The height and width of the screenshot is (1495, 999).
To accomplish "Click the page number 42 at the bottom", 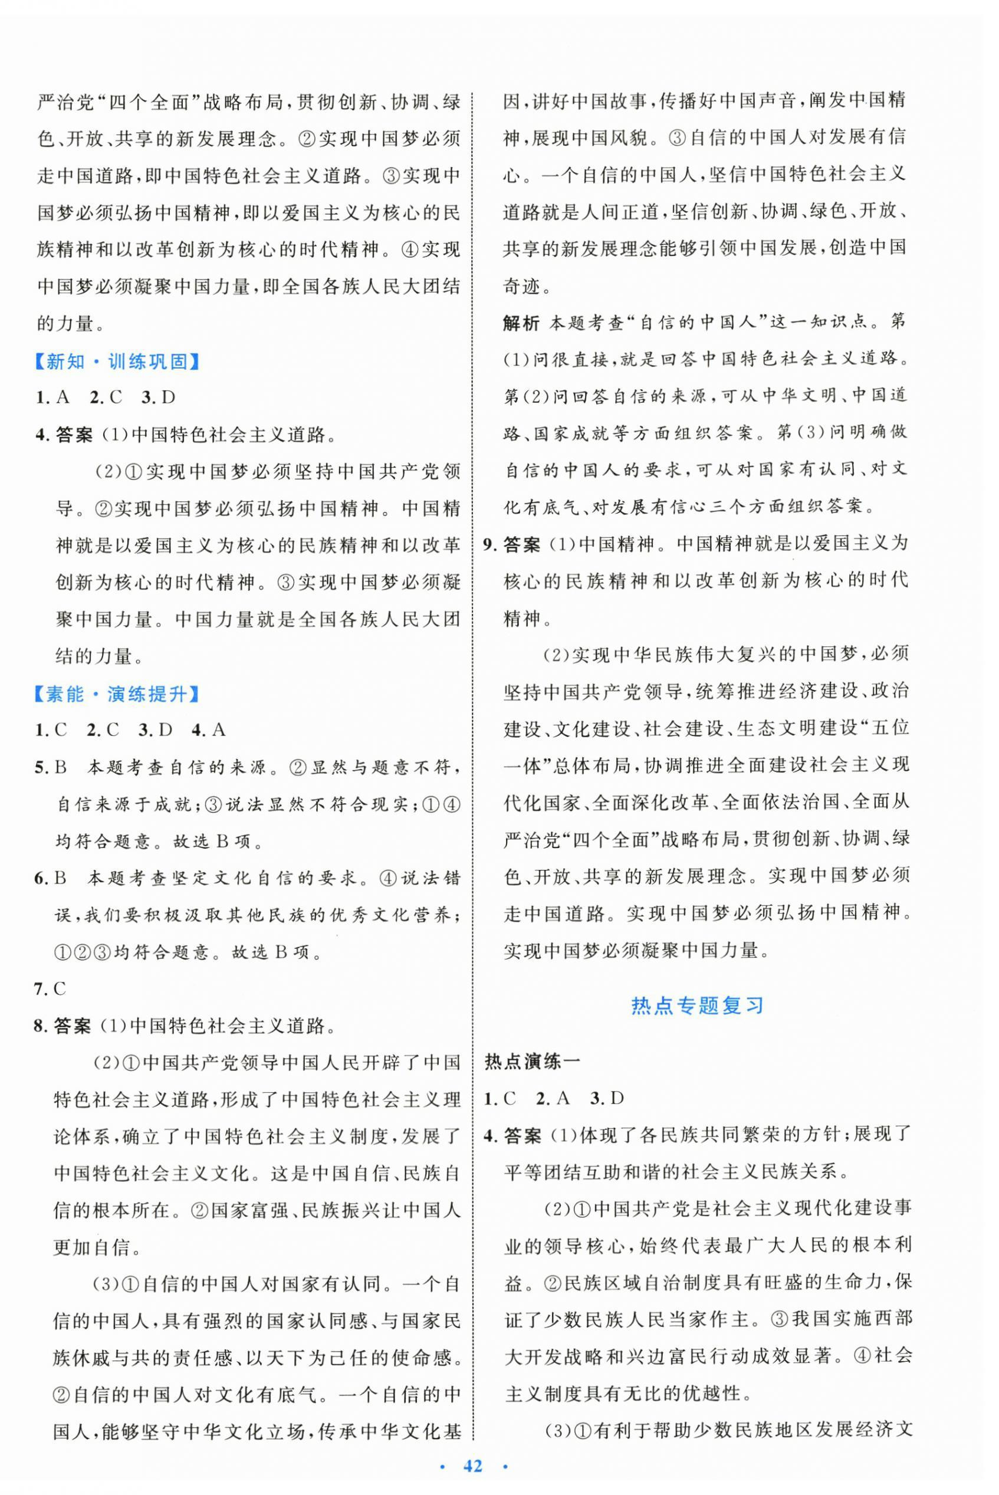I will tap(473, 1465).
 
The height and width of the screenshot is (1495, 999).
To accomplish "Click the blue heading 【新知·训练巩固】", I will tap(117, 362).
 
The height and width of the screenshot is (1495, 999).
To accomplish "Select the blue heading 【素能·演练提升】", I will tap(117, 694).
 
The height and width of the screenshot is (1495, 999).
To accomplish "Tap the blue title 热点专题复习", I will tap(697, 1006).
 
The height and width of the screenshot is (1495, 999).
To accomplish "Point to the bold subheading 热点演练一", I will tap(532, 1061).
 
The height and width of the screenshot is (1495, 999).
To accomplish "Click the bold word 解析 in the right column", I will tap(521, 323).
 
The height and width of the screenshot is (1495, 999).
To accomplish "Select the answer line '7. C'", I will tap(50, 988).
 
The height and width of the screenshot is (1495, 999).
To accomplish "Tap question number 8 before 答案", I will tap(40, 1026).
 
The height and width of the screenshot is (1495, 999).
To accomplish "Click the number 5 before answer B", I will tap(40, 768).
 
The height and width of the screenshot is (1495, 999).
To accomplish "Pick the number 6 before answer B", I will tap(40, 878).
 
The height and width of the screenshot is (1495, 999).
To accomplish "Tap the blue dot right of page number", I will tap(505, 1466).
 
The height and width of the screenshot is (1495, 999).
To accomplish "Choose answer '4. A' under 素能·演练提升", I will tap(208, 730).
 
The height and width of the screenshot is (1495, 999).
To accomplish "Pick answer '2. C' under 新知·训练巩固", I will tap(106, 398).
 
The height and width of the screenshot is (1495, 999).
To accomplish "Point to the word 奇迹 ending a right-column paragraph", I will tap(521, 286).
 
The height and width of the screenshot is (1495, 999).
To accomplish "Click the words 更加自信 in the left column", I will tap(90, 1247).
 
